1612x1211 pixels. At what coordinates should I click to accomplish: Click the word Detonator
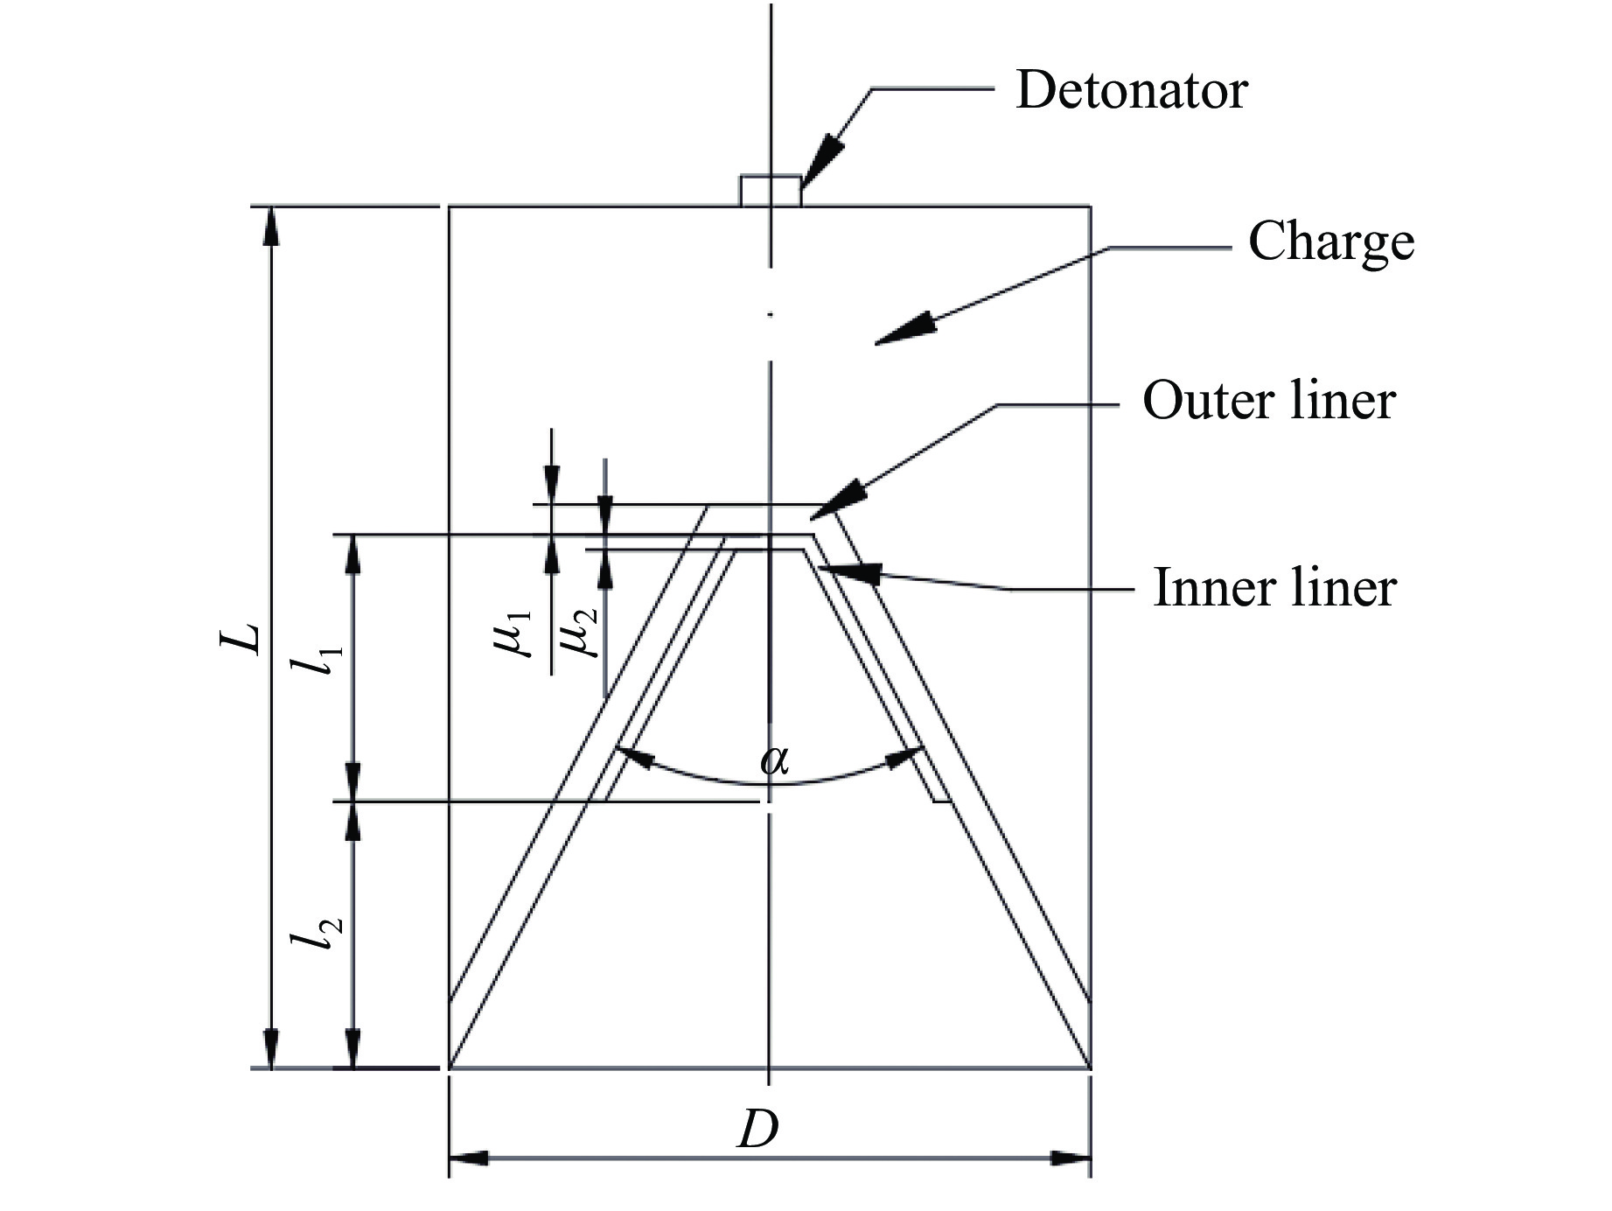click(x=1131, y=90)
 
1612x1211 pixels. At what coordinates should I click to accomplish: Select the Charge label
click(x=1330, y=241)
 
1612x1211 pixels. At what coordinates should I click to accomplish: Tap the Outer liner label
click(x=1268, y=402)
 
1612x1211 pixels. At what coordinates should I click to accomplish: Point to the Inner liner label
click(x=1274, y=587)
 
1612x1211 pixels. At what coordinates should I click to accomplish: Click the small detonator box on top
click(x=770, y=191)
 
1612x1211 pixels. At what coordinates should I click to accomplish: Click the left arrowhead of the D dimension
click(x=469, y=1158)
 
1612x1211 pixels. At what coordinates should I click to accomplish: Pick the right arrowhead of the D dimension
click(x=1071, y=1158)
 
